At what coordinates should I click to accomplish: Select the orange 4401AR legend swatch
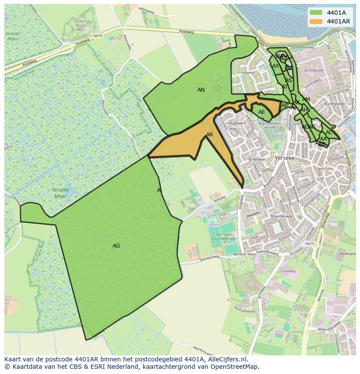coord(316,21)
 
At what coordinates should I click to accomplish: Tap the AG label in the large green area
coord(116,246)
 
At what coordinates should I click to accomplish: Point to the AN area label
coord(201,90)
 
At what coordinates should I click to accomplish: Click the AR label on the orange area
coord(210,135)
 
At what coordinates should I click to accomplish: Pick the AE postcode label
coord(261,112)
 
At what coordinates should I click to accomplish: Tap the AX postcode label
coord(276,66)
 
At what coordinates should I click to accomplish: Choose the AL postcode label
coord(329,132)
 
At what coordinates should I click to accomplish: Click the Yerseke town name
coord(285,158)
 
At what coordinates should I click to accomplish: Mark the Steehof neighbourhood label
coord(248,73)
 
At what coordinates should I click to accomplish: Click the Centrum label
coord(324,169)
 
